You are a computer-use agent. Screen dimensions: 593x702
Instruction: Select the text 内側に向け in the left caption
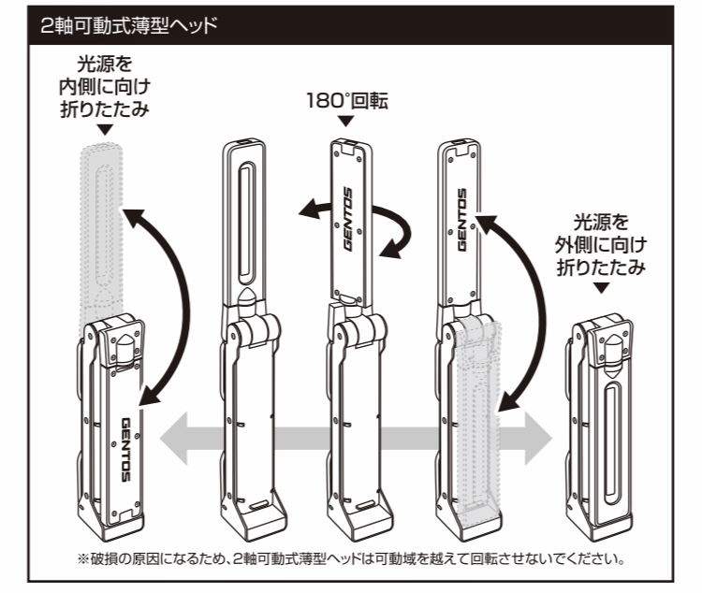[x=102, y=88]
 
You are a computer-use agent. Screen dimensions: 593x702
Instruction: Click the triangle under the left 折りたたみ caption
[x=102, y=132]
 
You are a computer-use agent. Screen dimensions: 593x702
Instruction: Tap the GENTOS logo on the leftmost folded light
[x=128, y=448]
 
